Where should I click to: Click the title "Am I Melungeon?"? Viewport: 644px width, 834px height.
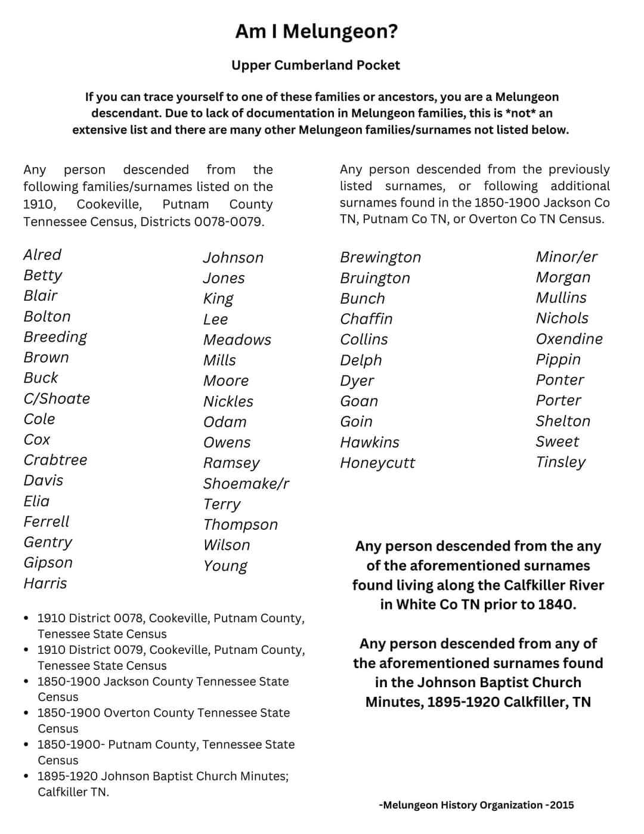[x=316, y=31]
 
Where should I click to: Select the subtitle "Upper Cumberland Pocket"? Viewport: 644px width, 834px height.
[x=315, y=65]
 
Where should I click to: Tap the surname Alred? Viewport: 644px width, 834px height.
[x=42, y=255]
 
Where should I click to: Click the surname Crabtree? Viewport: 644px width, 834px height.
[x=55, y=460]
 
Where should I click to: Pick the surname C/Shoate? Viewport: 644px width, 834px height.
[x=57, y=399]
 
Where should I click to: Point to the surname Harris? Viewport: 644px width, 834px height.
[x=45, y=583]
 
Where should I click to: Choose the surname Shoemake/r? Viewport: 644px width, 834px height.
[x=246, y=483]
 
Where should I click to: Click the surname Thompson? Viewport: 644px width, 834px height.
[x=240, y=524]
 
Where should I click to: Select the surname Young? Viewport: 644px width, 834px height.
[x=225, y=566]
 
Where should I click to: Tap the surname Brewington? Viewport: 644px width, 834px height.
[x=380, y=257]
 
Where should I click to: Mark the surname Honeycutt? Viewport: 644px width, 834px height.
[x=377, y=462]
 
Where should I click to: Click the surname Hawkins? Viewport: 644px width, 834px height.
[x=370, y=442]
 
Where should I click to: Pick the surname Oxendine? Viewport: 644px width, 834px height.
[x=569, y=339]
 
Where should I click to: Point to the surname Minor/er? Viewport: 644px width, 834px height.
[x=566, y=257]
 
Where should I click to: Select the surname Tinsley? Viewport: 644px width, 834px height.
[x=561, y=462]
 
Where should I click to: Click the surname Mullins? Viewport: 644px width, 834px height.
[x=561, y=298]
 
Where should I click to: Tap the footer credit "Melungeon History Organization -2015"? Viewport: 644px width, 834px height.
[x=476, y=805]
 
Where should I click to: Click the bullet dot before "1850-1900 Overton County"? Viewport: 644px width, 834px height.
[x=26, y=713]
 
